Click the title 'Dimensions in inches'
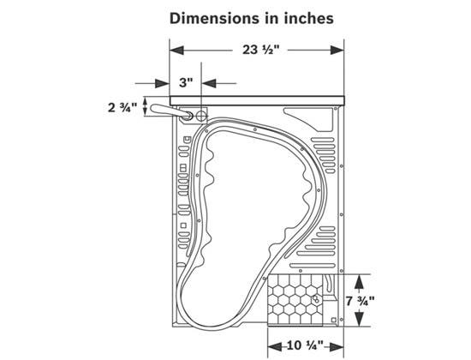252,18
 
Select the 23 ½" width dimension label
260,50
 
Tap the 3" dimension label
186,82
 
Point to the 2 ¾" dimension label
122,107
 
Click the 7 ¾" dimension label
360,301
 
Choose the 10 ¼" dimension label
305,345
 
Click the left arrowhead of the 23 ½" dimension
177,50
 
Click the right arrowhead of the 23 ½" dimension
337,50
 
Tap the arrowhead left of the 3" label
162,83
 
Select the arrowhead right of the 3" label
209,83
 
